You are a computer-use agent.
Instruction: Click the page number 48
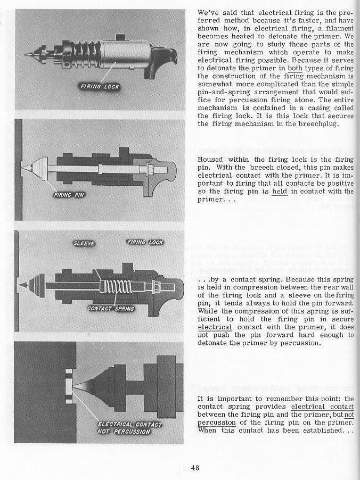click(194, 468)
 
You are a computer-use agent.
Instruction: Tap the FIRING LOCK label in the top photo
click(100, 86)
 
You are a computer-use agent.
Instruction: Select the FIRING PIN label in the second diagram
click(70, 195)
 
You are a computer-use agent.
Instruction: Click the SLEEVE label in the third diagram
click(84, 244)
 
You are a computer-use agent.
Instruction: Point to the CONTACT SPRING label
click(111, 308)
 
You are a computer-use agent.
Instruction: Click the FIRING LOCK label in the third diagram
click(144, 243)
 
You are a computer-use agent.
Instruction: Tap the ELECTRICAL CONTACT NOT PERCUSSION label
click(129, 427)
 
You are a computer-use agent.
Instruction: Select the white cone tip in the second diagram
click(29, 167)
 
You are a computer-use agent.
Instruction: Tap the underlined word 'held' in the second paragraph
click(279, 192)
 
